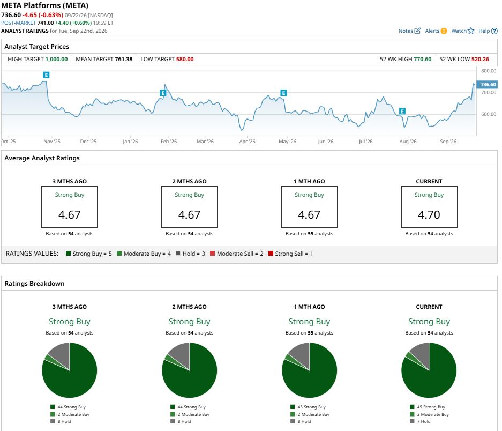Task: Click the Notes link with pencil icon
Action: click(409, 31)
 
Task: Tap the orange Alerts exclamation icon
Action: click(444, 31)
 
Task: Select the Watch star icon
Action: click(470, 31)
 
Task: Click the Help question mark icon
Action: click(494, 31)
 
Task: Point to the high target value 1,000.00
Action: click(56, 60)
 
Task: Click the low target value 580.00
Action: click(185, 60)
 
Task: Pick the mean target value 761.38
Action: click(124, 60)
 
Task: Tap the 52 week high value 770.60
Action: click(422, 60)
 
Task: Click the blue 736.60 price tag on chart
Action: click(487, 85)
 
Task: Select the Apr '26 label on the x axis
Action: click(247, 142)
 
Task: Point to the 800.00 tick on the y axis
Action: click(489, 71)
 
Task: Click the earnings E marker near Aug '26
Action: click(402, 111)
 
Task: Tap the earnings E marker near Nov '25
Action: click(46, 75)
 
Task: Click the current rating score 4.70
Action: click(429, 215)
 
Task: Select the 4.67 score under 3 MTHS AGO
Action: click(70, 215)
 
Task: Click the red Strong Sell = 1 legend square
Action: click(271, 254)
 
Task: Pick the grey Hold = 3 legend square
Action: click(178, 254)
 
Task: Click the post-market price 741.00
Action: click(46, 23)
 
